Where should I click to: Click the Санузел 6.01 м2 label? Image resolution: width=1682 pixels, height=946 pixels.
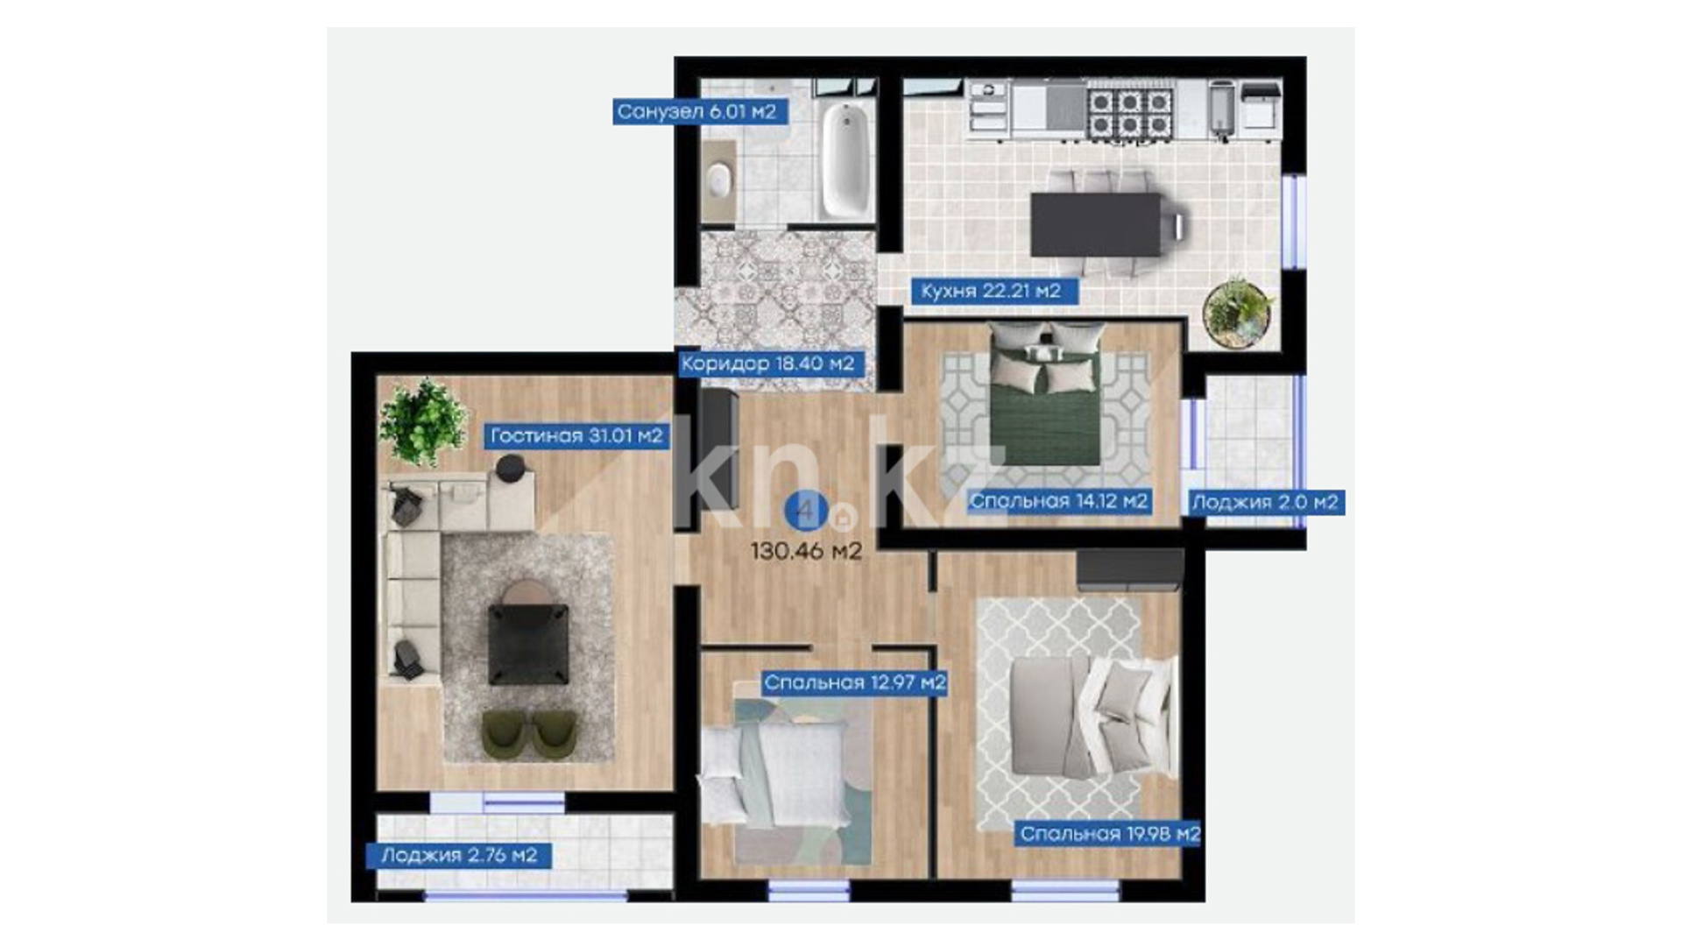pos(696,112)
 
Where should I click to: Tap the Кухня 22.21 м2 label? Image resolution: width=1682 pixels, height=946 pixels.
pos(991,291)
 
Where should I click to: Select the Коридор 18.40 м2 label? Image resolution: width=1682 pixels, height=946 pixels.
pos(767,364)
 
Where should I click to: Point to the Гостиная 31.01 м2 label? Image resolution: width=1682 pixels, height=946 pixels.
pos(576,435)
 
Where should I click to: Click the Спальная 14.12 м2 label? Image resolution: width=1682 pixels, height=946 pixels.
pos(1058,501)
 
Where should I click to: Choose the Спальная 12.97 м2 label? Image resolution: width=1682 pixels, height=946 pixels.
pos(854,682)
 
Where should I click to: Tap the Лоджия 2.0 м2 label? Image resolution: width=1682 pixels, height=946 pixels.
pos(1265,502)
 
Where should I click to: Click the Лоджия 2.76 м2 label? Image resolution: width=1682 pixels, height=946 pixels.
pos(459,855)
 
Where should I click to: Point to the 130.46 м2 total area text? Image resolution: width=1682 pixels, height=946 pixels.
pos(806,551)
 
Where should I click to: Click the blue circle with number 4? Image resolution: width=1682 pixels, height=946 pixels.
pos(805,511)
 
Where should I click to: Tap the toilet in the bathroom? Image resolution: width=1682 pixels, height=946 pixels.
pos(719,180)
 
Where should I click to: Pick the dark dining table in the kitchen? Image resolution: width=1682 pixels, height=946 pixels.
pos(1095,225)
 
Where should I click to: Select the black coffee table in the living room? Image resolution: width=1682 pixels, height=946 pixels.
pos(527,644)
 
